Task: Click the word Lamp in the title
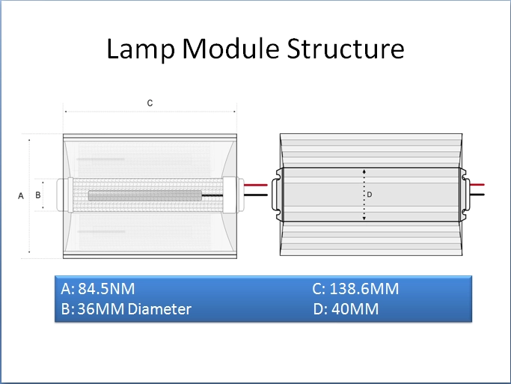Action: tap(141, 49)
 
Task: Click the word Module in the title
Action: tap(230, 48)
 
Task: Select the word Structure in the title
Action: tap(346, 48)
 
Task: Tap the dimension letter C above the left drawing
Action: tap(150, 103)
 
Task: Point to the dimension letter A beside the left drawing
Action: tap(21, 196)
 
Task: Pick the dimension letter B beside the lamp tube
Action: tap(38, 195)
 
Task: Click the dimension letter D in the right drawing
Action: tap(370, 195)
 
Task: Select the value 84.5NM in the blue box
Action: tap(106, 289)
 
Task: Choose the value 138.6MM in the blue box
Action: tap(364, 289)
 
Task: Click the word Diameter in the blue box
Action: tap(159, 309)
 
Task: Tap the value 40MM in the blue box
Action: tap(355, 309)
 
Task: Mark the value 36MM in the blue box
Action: tap(101, 309)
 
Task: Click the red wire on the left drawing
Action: tap(256, 185)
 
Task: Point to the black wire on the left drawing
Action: tap(256, 195)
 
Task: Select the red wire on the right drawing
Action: tap(477, 185)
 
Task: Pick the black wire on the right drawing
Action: tap(477, 195)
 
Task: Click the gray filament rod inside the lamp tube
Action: tap(145, 195)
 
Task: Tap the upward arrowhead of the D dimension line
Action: tap(364, 171)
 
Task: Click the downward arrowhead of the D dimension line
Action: tap(364, 218)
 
